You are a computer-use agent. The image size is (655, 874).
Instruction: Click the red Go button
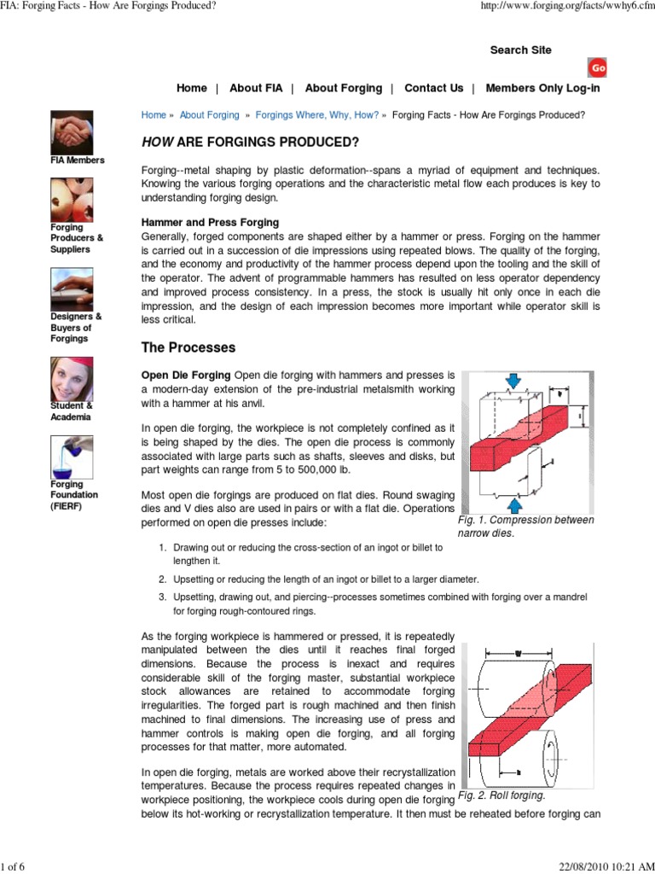point(598,67)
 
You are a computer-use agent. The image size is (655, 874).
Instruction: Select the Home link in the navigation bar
point(191,88)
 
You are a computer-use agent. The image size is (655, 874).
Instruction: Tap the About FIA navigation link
point(256,88)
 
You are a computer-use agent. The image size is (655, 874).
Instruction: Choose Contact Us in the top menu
point(433,88)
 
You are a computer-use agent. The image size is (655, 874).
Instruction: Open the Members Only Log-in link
point(554,88)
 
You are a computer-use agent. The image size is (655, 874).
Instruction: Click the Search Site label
point(520,50)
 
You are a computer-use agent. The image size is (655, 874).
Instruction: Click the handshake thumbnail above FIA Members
point(72,131)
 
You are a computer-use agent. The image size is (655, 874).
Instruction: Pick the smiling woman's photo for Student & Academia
point(72,379)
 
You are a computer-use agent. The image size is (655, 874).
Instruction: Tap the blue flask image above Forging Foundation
point(72,457)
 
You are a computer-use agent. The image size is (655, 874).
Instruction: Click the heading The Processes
point(188,348)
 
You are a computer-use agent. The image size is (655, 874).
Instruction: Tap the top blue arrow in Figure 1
point(513,380)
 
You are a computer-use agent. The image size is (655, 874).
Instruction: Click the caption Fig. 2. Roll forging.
point(501,795)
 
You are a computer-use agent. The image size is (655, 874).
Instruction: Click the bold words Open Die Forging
point(186,375)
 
